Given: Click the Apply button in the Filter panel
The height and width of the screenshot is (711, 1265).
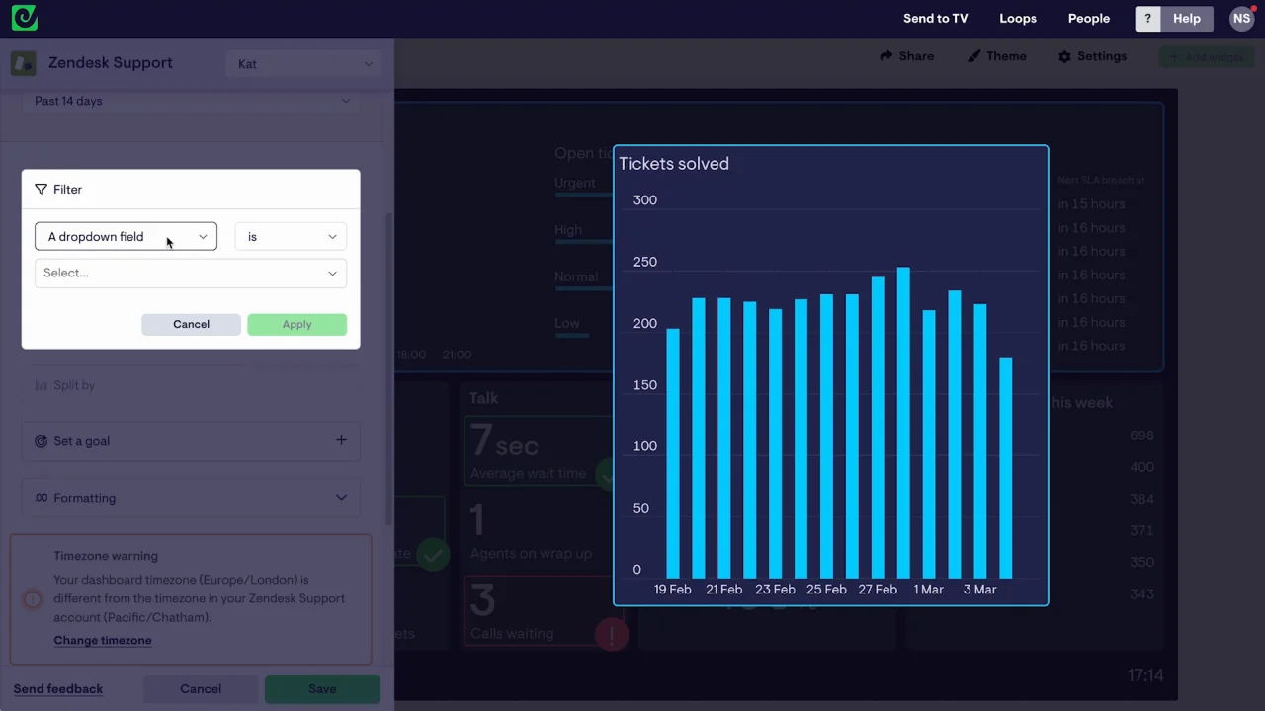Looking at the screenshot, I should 296,324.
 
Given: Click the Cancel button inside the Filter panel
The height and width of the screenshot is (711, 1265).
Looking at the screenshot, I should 191,324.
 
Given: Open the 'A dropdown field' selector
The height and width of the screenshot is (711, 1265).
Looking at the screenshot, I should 126,237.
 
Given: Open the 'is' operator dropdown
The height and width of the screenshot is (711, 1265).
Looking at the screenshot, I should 291,237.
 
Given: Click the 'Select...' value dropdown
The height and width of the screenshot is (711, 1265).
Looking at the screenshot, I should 191,273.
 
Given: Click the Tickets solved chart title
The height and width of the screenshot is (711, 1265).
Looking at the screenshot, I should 674,164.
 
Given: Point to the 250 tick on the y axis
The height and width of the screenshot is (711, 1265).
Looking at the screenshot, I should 644,262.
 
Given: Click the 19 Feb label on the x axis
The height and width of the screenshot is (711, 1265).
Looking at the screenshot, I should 673,590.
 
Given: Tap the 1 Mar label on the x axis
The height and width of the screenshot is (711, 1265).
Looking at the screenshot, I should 929,590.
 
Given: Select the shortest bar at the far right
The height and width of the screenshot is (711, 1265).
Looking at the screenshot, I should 1005,468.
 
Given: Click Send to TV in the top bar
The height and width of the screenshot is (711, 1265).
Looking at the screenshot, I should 935,19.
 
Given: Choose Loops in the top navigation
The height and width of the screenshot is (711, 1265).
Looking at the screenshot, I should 1018,19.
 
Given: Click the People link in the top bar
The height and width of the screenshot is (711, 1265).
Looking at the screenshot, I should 1089,19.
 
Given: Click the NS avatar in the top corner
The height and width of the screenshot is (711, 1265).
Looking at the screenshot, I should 1241,19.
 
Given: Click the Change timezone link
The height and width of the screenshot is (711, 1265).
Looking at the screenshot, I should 103,640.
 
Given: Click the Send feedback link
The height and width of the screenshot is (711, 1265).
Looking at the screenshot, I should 58,688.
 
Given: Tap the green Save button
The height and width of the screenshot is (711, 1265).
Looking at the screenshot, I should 322,688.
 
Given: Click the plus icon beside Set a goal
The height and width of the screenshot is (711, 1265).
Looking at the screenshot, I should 341,440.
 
